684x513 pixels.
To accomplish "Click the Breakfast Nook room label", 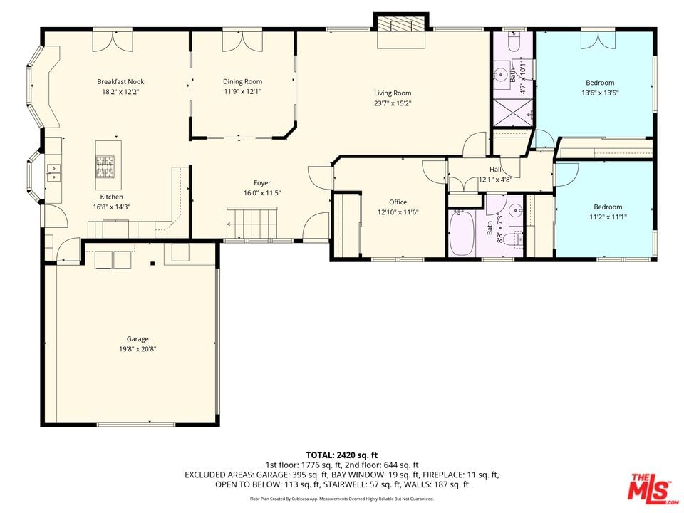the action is click(120, 81).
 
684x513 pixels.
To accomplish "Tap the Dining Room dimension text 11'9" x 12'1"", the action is click(242, 92).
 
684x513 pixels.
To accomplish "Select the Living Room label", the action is click(393, 93).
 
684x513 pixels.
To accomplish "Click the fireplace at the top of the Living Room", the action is click(401, 26).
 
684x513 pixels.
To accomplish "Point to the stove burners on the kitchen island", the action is click(105, 166).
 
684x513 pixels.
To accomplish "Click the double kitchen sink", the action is click(53, 172).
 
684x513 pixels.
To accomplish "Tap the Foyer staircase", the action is click(252, 223).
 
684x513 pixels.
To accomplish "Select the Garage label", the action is click(138, 339).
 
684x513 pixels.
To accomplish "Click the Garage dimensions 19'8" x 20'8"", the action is click(138, 349).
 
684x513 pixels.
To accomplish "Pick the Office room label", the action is click(398, 202).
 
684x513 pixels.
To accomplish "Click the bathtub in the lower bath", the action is click(462, 233).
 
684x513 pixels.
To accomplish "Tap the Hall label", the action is click(495, 170).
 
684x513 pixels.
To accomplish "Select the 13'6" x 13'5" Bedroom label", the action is click(600, 83).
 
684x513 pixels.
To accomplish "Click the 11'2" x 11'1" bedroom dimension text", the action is click(608, 217).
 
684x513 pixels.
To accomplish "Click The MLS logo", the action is click(653, 486).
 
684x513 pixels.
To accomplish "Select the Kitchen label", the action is click(111, 197).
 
